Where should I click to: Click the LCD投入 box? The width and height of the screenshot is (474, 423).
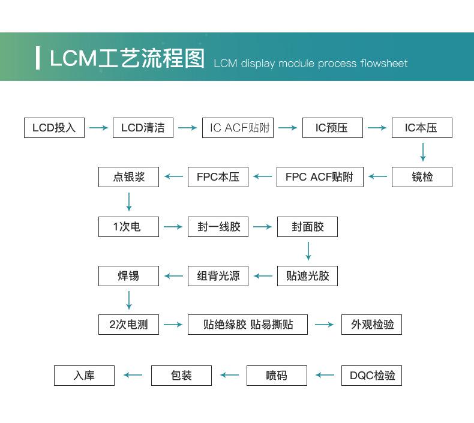(54, 128)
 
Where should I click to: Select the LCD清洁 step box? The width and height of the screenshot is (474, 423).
(143, 128)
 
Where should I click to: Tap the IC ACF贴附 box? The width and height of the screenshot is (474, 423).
(238, 128)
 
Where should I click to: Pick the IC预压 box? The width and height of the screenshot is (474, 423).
(332, 128)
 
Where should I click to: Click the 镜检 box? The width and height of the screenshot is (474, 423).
(422, 177)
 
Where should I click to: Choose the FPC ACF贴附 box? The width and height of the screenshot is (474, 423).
(320, 177)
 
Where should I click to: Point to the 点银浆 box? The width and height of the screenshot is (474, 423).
(128, 177)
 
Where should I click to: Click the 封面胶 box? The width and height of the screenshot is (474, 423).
(307, 226)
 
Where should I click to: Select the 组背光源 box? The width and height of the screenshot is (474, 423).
(218, 276)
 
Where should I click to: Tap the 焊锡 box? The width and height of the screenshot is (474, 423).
(128, 276)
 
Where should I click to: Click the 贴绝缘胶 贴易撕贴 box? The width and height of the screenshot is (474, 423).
(248, 325)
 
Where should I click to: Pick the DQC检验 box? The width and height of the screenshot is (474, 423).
(371, 376)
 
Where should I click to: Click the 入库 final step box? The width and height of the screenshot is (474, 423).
(85, 376)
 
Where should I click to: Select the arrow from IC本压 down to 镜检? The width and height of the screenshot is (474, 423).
(423, 152)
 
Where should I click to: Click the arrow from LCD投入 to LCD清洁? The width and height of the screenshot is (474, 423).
(98, 128)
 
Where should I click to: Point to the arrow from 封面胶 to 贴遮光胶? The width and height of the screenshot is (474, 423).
(308, 251)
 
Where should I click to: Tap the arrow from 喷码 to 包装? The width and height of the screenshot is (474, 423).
(229, 375)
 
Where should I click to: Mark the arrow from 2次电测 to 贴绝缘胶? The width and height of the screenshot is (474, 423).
(173, 325)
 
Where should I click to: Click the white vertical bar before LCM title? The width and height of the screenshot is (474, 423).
(37, 58)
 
